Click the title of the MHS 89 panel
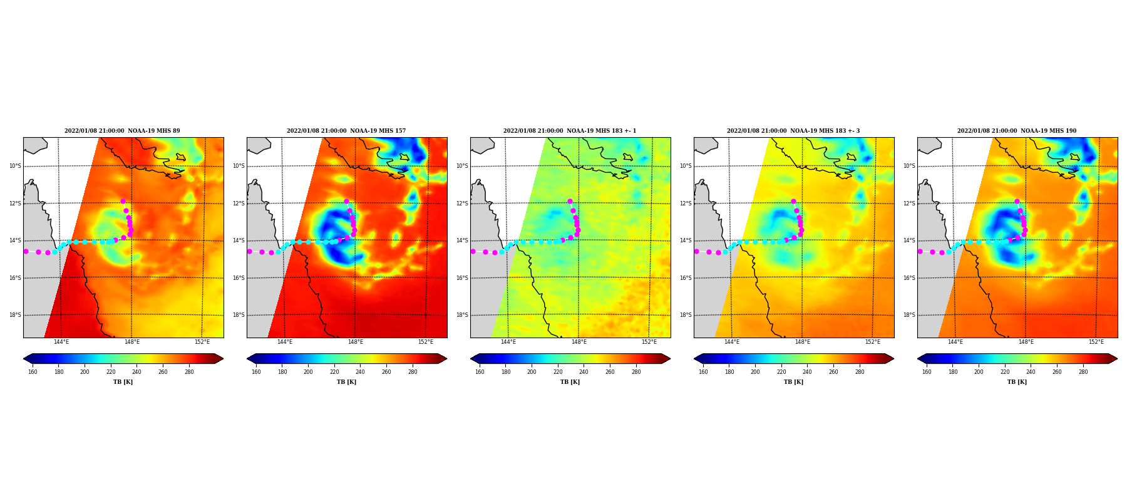click(x=122, y=131)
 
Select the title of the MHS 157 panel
click(x=346, y=131)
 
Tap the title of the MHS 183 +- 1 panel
click(x=570, y=131)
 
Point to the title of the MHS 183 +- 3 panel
click(x=793, y=131)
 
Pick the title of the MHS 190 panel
click(x=1017, y=131)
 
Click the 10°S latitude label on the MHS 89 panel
click(x=15, y=166)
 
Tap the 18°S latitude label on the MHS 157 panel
click(x=239, y=315)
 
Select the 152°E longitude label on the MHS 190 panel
click(x=1096, y=342)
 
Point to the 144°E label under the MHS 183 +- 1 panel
click(x=508, y=342)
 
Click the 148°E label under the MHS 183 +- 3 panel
click(x=803, y=342)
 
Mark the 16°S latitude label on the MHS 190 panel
click(x=909, y=278)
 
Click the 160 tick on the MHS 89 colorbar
click(x=33, y=372)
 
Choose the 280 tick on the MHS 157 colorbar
click(x=413, y=372)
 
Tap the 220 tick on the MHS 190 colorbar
click(x=1005, y=372)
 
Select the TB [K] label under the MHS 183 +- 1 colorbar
click(x=570, y=382)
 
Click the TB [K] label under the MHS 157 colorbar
click(x=346, y=382)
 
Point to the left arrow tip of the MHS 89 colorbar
click(x=24, y=359)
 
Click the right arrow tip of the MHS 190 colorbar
click(x=1117, y=359)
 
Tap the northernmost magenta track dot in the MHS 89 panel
click(x=123, y=202)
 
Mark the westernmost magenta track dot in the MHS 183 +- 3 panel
click(x=696, y=251)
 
